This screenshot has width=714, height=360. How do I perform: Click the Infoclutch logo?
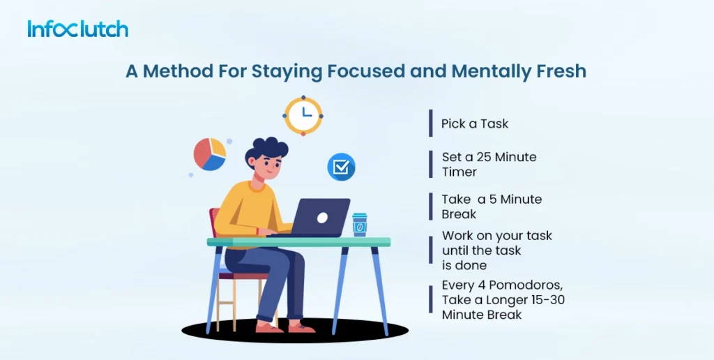point(77,29)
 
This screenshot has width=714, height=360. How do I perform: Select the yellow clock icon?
point(303,116)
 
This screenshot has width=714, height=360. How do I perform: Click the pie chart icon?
point(210,154)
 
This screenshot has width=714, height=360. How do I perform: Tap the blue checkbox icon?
point(341,167)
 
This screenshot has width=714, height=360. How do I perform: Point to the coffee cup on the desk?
point(360,225)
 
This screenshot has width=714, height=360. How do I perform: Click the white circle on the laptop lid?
point(322,218)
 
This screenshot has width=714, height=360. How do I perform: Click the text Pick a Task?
point(475,123)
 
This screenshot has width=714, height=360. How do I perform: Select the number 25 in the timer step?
point(484,157)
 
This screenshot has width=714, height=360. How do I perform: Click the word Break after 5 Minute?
point(459,213)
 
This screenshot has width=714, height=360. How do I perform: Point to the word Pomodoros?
point(524,285)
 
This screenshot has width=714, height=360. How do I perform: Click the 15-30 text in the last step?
point(549,300)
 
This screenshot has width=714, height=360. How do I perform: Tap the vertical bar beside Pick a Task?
point(431,123)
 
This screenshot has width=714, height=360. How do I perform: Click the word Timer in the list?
point(459,172)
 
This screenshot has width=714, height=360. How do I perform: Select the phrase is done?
point(464,264)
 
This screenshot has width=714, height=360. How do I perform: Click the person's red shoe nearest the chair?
point(269,327)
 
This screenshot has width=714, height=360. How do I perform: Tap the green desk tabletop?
point(298,242)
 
